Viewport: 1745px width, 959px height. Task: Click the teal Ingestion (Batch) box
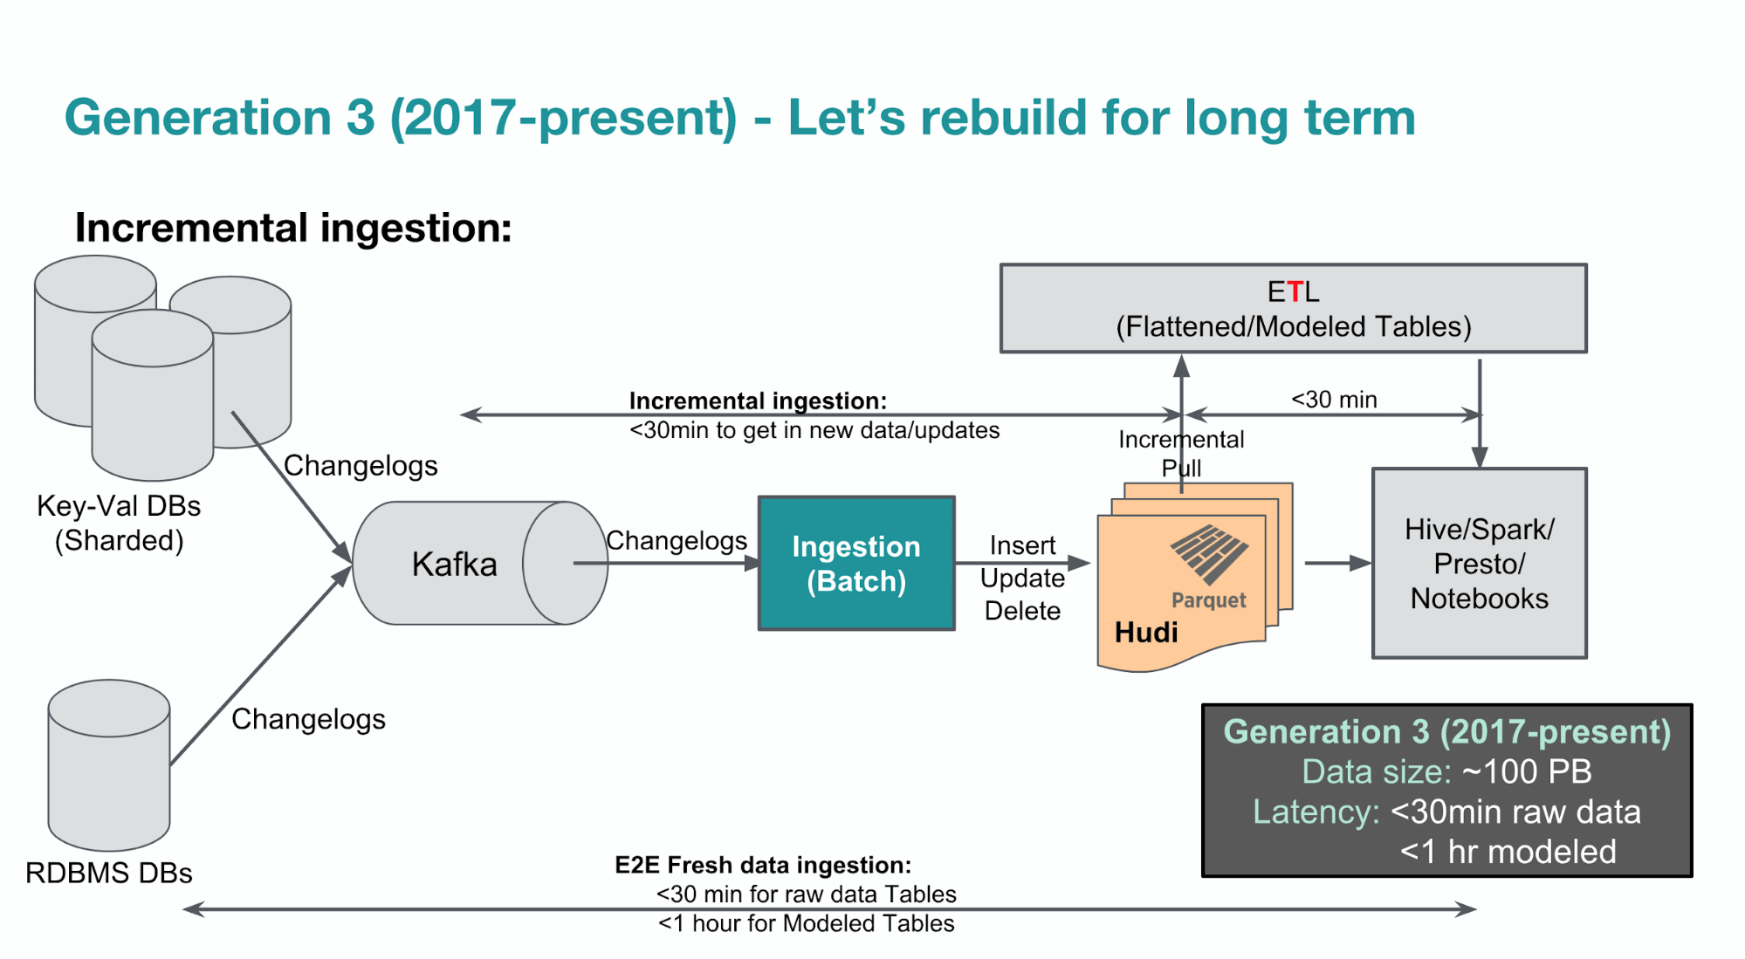point(855,563)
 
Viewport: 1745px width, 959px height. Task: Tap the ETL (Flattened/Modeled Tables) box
point(1292,308)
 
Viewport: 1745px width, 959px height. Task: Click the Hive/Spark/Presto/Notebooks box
point(1479,563)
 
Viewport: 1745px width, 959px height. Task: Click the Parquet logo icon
point(1209,553)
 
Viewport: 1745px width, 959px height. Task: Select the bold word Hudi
point(1146,632)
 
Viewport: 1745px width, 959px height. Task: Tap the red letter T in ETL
point(1294,291)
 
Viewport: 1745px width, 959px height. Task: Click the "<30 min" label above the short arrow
point(1333,400)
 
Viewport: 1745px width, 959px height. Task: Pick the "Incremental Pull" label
point(1181,453)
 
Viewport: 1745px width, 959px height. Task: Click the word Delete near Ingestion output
point(1022,611)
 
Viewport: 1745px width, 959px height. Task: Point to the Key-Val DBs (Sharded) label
point(119,523)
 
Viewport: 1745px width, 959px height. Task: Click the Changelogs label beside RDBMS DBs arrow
point(308,719)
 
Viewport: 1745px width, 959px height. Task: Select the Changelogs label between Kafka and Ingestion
point(677,541)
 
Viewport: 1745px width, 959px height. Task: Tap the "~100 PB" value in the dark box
point(1527,771)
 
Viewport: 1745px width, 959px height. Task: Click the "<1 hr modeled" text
point(1508,852)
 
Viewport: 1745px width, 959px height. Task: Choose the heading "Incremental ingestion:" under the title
point(293,228)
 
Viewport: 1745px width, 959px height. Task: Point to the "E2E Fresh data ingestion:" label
point(763,865)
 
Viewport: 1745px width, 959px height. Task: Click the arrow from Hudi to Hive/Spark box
point(1336,563)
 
